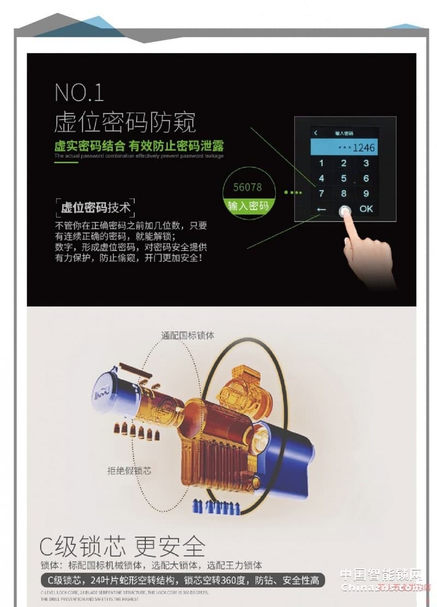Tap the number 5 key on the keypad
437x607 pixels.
point(344,178)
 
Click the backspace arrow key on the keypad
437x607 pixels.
point(321,209)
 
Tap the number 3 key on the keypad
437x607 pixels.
point(366,163)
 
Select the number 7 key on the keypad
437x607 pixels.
point(321,193)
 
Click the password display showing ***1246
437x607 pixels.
point(344,147)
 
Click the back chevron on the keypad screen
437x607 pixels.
point(315,133)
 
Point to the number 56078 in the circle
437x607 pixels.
point(247,187)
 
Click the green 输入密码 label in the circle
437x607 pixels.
point(248,206)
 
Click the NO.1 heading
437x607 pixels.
point(79,93)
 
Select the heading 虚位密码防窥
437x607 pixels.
point(125,123)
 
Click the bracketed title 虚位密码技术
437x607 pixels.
point(96,207)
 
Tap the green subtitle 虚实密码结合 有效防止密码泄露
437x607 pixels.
point(139,146)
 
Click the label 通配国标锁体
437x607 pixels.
point(187,335)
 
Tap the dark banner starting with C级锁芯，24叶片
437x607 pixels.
point(183,580)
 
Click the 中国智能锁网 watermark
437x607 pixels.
point(382,575)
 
